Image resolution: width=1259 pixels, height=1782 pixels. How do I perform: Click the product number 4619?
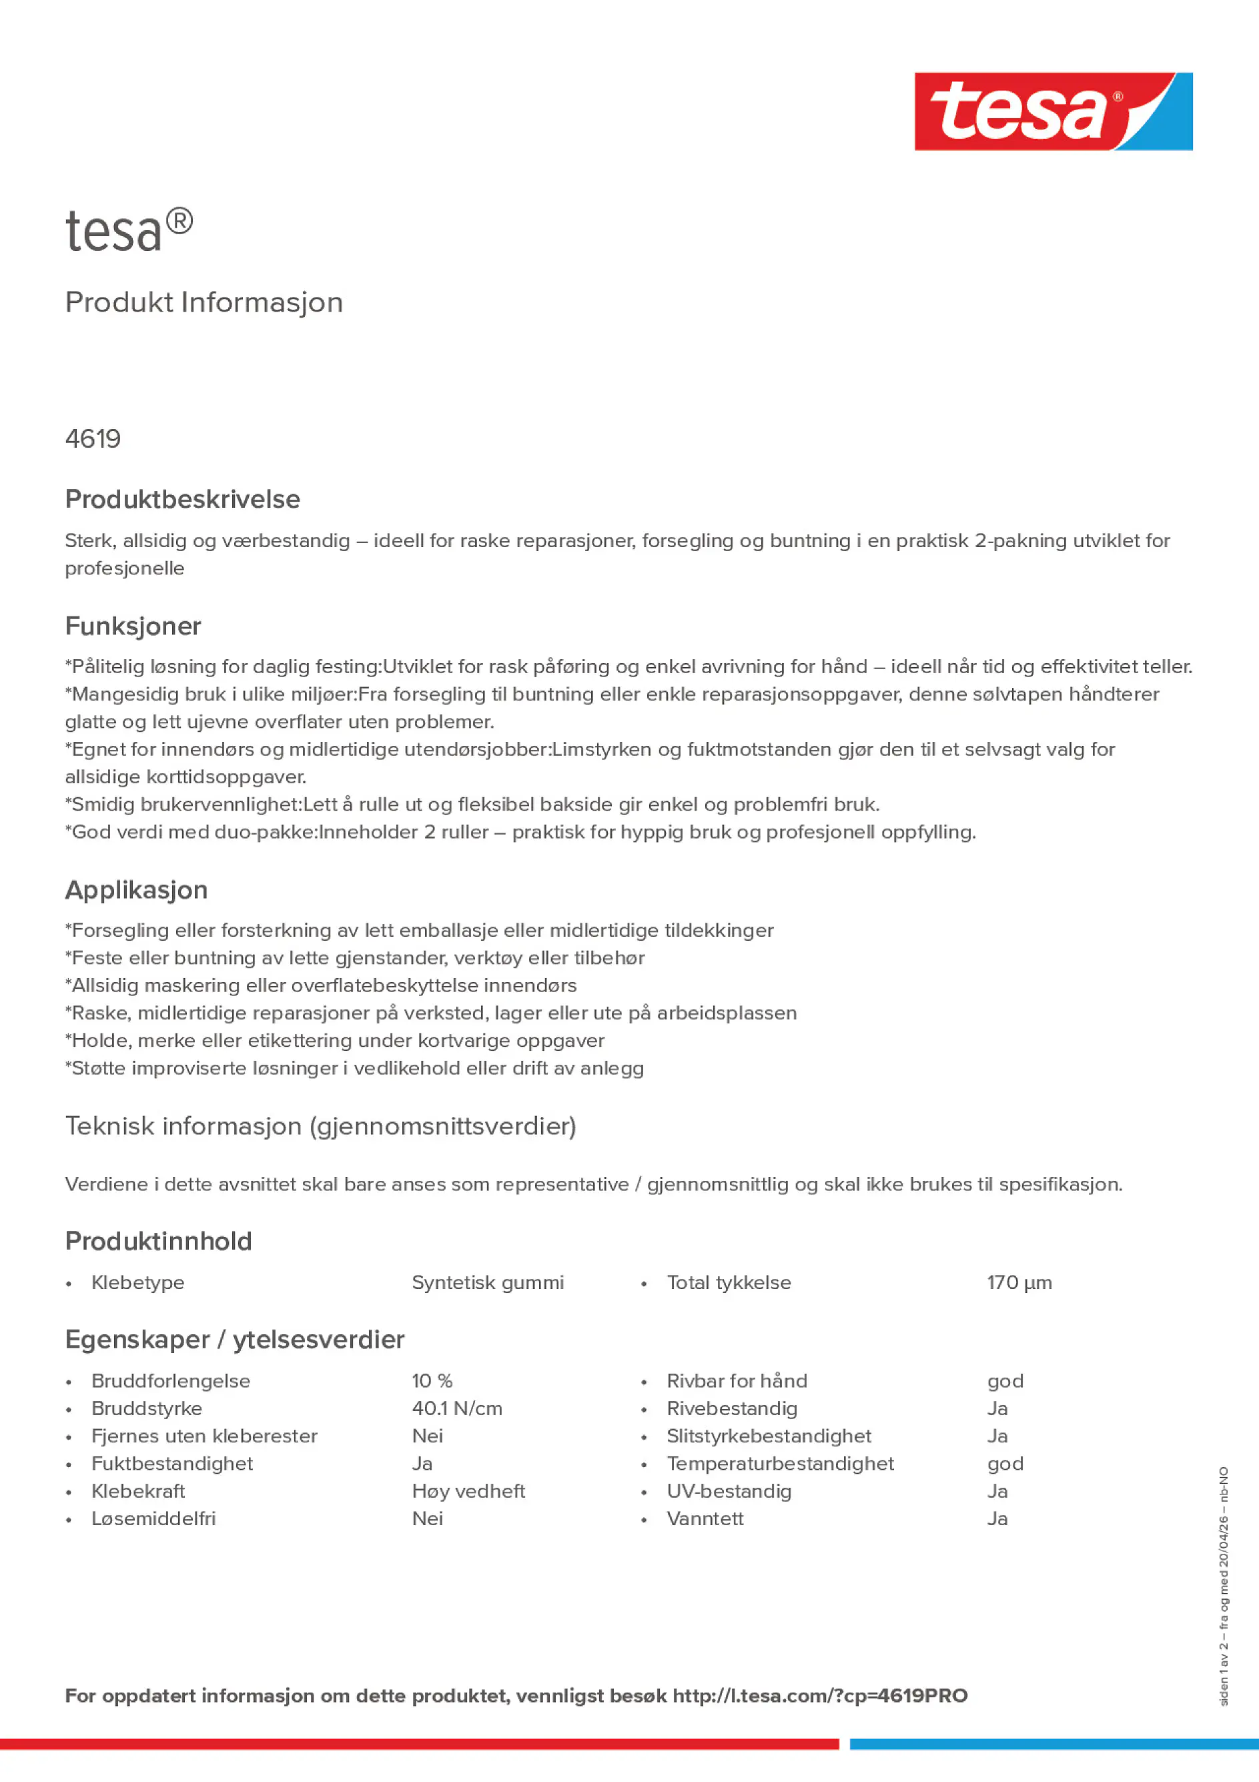93,439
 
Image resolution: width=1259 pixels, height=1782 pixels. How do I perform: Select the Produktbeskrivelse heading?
182,499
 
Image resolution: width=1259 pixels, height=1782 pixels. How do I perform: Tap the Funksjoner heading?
133,626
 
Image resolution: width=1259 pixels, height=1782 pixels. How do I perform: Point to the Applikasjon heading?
137,889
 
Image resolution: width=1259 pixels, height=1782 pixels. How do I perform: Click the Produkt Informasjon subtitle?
203,302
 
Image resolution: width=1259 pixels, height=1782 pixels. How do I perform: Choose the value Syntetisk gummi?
488,1282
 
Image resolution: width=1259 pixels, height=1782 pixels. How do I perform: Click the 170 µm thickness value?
1019,1282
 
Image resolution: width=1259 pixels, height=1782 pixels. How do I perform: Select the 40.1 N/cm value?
456,1408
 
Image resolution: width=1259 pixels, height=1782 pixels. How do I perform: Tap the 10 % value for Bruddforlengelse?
432,1381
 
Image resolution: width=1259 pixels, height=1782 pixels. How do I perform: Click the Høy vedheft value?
468,1491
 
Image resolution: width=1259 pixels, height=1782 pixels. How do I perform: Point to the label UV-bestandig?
729,1491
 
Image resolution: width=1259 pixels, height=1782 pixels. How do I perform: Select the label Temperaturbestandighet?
780,1463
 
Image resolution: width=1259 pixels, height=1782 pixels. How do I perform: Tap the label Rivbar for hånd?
737,1381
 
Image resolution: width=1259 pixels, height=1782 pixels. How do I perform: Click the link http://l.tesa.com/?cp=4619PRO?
820,1695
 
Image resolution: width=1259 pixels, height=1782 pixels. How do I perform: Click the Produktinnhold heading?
158,1241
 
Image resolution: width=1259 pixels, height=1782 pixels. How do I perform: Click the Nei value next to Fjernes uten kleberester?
427,1436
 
